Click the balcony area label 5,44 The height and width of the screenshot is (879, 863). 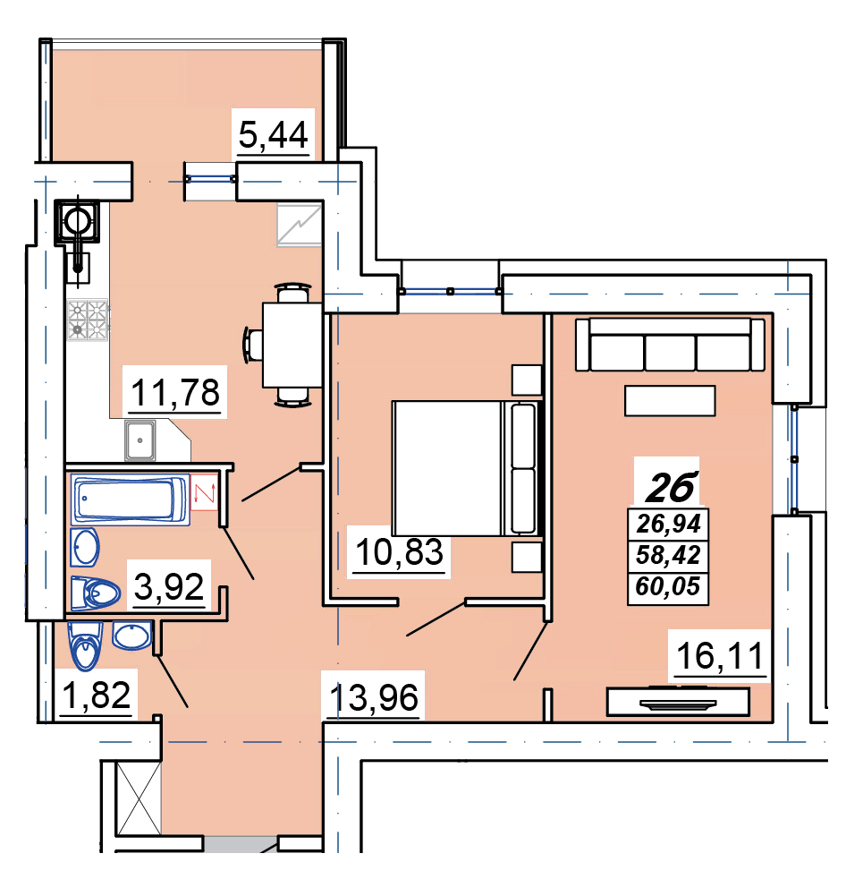pos(274,135)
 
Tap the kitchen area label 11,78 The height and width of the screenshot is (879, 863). pos(175,392)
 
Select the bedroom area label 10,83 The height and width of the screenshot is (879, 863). pos(399,552)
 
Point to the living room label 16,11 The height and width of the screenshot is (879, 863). pos(720,656)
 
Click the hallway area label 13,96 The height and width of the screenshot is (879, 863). pos(374,697)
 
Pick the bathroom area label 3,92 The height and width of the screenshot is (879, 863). pos(169,587)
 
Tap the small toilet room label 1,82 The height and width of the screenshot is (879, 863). pos(97,695)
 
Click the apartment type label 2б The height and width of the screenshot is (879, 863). pos(672,487)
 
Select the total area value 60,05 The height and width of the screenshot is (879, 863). pos(668,587)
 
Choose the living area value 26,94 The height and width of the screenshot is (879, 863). pos(669,525)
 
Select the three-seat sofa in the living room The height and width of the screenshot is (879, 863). pos(670,345)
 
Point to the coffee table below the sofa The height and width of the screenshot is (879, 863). pos(670,401)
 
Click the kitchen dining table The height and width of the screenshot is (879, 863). pos(292,345)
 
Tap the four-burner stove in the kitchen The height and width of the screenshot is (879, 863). pos(88,320)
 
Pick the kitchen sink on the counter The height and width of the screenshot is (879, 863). pos(140,440)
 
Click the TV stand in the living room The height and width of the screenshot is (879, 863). pos(678,702)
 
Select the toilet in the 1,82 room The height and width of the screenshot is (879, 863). pos(85,646)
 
